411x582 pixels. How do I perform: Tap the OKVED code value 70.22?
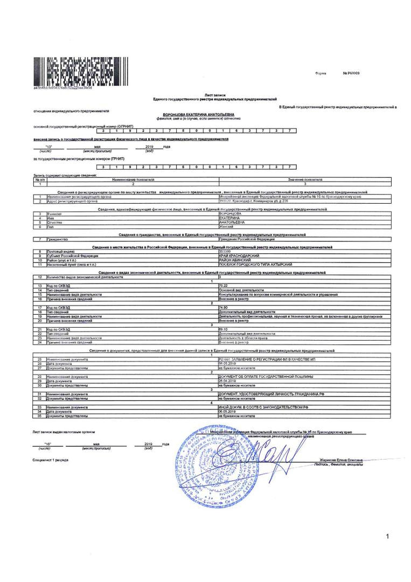coord(223,286)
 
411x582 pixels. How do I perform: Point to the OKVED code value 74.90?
coord(223,308)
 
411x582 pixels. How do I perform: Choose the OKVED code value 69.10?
coord(223,329)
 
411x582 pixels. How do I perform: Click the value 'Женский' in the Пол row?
coord(226,226)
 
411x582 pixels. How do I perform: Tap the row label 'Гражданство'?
coord(57,239)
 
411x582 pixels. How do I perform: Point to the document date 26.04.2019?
coord(227,381)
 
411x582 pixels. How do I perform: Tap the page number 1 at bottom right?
coord(387,536)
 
